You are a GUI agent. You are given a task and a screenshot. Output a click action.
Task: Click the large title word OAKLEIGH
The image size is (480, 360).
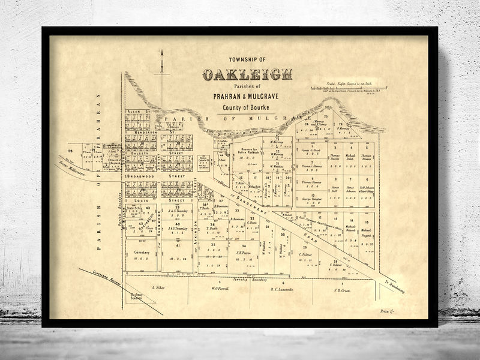[x=247, y=75]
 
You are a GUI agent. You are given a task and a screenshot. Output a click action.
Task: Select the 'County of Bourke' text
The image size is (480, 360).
[x=247, y=107]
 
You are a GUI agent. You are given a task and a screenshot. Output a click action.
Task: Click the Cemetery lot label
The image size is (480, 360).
[x=141, y=253]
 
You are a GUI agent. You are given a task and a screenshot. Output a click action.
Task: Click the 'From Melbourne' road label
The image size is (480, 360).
[x=71, y=166]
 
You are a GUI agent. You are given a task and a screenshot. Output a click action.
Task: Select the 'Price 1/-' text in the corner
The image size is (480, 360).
[x=388, y=311]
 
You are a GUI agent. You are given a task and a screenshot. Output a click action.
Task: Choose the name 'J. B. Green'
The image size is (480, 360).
[x=341, y=289]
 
